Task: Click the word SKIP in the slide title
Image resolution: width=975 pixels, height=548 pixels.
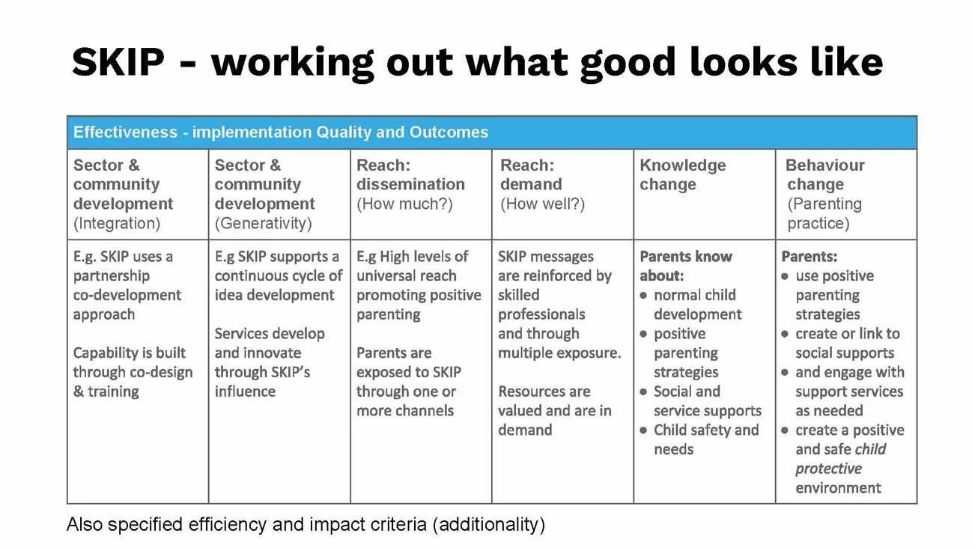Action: pyautogui.click(x=118, y=62)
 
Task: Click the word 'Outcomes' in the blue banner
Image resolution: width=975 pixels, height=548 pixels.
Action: pyautogui.click(x=448, y=133)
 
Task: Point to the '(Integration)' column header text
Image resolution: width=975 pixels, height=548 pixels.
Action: pyautogui.click(x=117, y=223)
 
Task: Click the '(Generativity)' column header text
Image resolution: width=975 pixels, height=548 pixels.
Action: pyautogui.click(x=263, y=223)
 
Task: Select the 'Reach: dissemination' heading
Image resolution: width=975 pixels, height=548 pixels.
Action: pyautogui.click(x=410, y=175)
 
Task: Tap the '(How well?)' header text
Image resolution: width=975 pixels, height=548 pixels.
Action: pyautogui.click(x=542, y=204)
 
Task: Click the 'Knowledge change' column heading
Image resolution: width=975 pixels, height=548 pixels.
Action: pyautogui.click(x=682, y=175)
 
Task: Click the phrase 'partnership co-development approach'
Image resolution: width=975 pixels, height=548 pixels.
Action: pyautogui.click(x=127, y=295)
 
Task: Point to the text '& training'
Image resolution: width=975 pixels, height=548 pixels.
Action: pyautogui.click(x=106, y=392)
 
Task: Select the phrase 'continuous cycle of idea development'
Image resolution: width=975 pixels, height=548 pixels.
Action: pyautogui.click(x=278, y=285)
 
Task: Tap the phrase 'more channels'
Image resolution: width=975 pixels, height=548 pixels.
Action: pyautogui.click(x=404, y=410)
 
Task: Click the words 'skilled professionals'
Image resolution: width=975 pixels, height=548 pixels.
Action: pyautogui.click(x=541, y=305)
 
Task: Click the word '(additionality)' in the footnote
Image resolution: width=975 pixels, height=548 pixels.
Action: pyautogui.click(x=488, y=524)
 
